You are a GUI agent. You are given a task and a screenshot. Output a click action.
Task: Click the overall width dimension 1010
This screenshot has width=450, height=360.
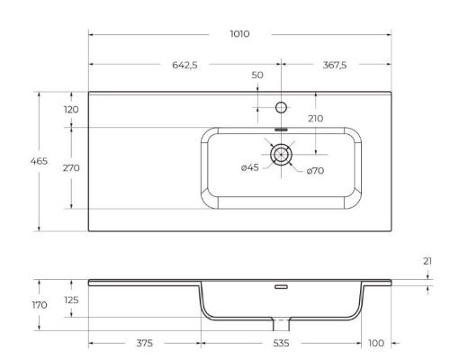238,33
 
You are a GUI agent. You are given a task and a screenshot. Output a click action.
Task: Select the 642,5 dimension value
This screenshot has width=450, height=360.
184,64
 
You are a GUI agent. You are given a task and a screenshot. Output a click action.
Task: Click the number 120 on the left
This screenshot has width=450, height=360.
71,110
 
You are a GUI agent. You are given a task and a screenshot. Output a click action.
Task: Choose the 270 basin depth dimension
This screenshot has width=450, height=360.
71,167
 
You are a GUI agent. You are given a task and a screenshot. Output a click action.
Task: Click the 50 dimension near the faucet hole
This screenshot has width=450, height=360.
258,75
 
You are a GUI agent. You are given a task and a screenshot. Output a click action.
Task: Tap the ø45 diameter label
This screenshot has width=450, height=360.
250,168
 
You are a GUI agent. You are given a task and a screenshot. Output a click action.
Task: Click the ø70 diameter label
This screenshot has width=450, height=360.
315,171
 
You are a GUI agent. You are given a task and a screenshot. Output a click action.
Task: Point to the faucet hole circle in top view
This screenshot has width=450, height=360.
282,108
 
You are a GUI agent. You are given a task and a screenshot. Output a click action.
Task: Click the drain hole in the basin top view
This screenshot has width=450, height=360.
282,154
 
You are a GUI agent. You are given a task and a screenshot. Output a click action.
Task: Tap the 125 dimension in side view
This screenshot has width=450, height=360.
71,299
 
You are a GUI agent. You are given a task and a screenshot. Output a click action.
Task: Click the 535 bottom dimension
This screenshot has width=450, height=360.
280,343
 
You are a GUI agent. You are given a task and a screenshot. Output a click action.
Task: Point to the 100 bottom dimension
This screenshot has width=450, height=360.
375,343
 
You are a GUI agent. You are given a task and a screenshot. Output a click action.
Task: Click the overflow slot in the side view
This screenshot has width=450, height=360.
282,287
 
